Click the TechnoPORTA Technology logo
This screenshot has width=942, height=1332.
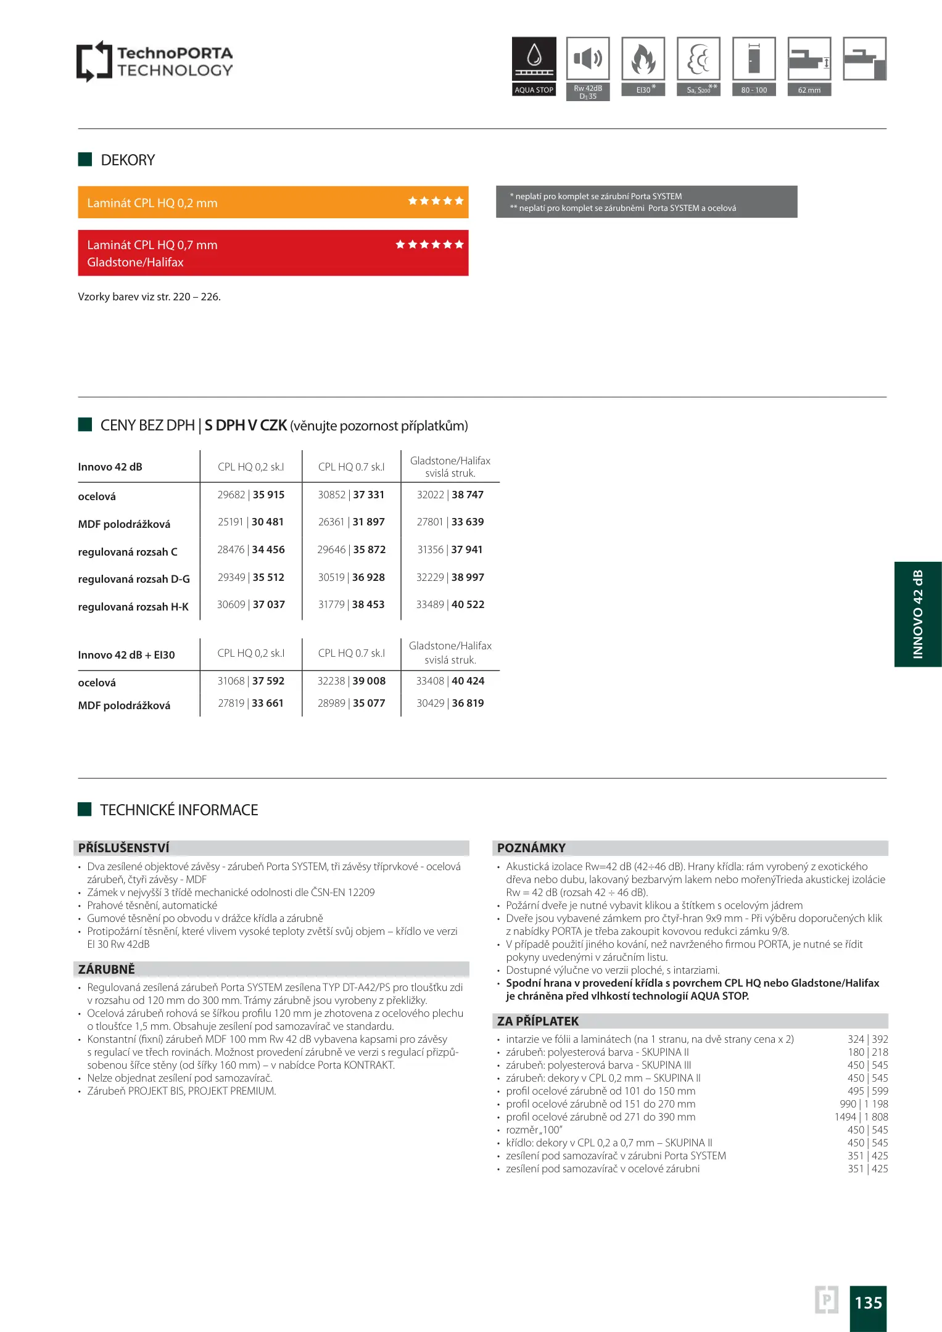click(154, 61)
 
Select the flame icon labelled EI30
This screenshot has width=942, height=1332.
click(643, 59)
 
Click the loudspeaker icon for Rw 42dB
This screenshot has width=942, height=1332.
click(588, 59)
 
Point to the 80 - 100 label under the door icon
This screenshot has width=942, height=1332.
click(754, 90)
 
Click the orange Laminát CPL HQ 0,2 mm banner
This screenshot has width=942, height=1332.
click(273, 202)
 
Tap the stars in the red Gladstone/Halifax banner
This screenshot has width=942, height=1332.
click(429, 245)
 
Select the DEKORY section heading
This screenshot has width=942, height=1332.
click(128, 160)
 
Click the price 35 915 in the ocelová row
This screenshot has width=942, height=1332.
click(268, 495)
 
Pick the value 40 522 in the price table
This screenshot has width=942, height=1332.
click(468, 604)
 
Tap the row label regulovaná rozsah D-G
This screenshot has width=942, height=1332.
click(134, 579)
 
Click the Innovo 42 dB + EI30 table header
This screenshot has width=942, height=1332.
click(126, 655)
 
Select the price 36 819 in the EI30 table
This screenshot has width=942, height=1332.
click(468, 703)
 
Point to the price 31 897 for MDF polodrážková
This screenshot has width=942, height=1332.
click(368, 522)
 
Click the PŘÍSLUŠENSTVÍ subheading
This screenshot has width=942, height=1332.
click(123, 848)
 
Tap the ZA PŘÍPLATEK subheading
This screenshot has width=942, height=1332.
click(538, 1021)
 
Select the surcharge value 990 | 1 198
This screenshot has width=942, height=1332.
click(864, 1104)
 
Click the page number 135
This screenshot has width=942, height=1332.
click(868, 1302)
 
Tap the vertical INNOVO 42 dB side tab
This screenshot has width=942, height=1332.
click(918, 614)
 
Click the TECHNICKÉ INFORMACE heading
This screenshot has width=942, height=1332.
click(179, 810)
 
